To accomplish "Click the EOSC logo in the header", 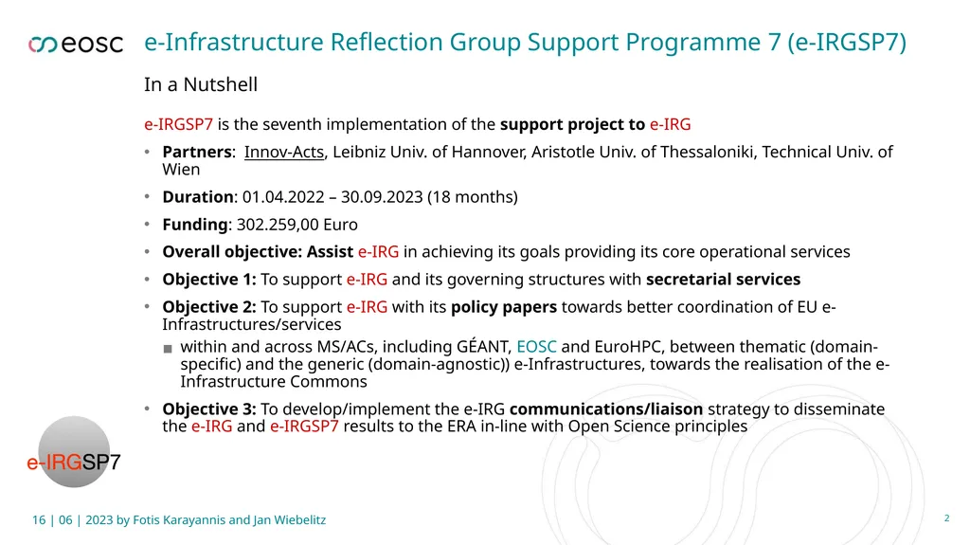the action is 76,44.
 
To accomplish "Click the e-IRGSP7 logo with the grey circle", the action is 74,453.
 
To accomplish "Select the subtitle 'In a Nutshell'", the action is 201,84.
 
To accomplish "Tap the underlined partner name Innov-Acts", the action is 284,152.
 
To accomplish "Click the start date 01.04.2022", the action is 283,197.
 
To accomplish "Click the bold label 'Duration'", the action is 198,197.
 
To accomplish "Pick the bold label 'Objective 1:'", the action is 209,280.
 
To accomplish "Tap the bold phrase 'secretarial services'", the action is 723,280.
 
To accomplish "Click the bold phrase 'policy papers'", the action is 504,307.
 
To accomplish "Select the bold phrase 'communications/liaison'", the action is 606,409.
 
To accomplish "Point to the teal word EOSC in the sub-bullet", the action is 536,347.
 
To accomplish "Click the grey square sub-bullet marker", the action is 168,349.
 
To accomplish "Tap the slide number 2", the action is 946,518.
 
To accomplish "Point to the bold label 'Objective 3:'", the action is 209,409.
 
